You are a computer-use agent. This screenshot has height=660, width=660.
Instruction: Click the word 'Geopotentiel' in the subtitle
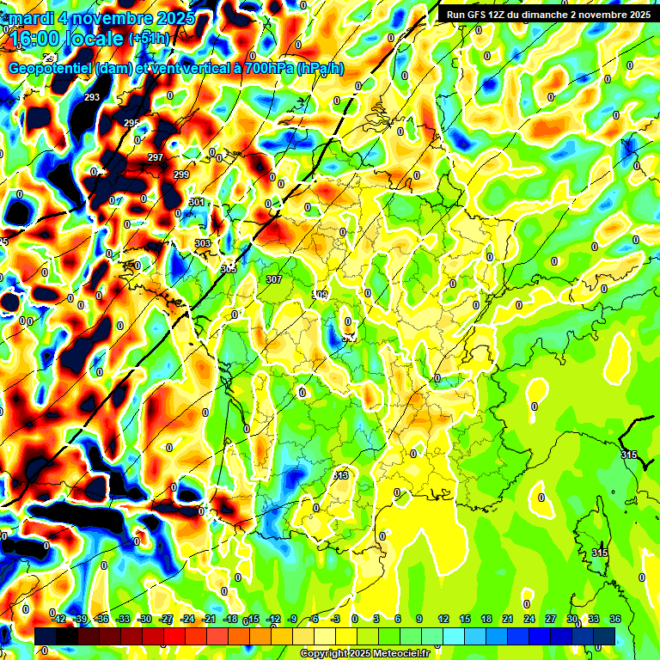click(51, 68)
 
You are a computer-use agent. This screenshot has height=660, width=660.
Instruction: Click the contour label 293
click(92, 97)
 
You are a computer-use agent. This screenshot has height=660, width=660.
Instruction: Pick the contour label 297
click(155, 157)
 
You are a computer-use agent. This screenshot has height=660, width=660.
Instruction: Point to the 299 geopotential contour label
click(181, 174)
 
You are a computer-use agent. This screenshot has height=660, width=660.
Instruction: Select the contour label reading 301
click(197, 203)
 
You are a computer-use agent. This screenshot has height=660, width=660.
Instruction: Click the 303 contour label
click(203, 243)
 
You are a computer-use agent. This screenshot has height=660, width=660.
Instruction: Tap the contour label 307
click(274, 279)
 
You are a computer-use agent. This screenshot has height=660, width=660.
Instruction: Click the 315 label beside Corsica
click(600, 553)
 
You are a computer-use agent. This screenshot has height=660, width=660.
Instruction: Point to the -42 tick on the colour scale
click(58, 619)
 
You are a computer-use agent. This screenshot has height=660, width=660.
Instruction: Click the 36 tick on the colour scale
click(615, 619)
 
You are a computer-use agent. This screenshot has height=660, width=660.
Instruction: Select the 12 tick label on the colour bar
click(443, 619)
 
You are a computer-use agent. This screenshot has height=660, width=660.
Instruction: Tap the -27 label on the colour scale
click(166, 619)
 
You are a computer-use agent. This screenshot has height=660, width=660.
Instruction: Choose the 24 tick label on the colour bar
click(529, 619)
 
